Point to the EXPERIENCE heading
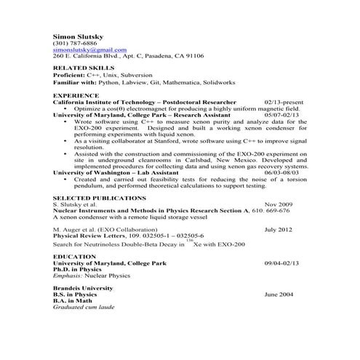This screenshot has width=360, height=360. tap(76, 95)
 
